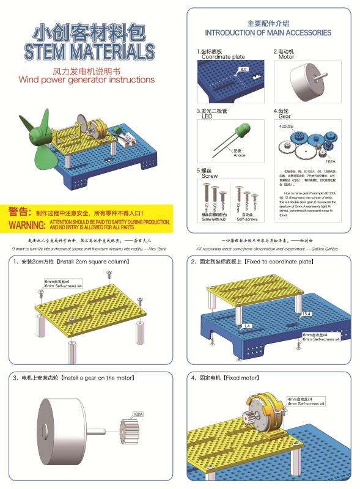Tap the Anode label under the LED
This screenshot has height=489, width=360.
[x=240, y=155]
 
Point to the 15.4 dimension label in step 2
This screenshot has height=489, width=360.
[x=306, y=314]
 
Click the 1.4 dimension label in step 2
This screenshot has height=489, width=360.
[x=247, y=326]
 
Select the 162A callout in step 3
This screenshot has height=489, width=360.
[x=138, y=414]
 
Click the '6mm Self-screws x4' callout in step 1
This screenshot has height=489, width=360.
[x=61, y=285]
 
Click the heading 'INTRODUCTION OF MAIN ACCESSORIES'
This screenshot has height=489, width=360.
[x=268, y=32]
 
